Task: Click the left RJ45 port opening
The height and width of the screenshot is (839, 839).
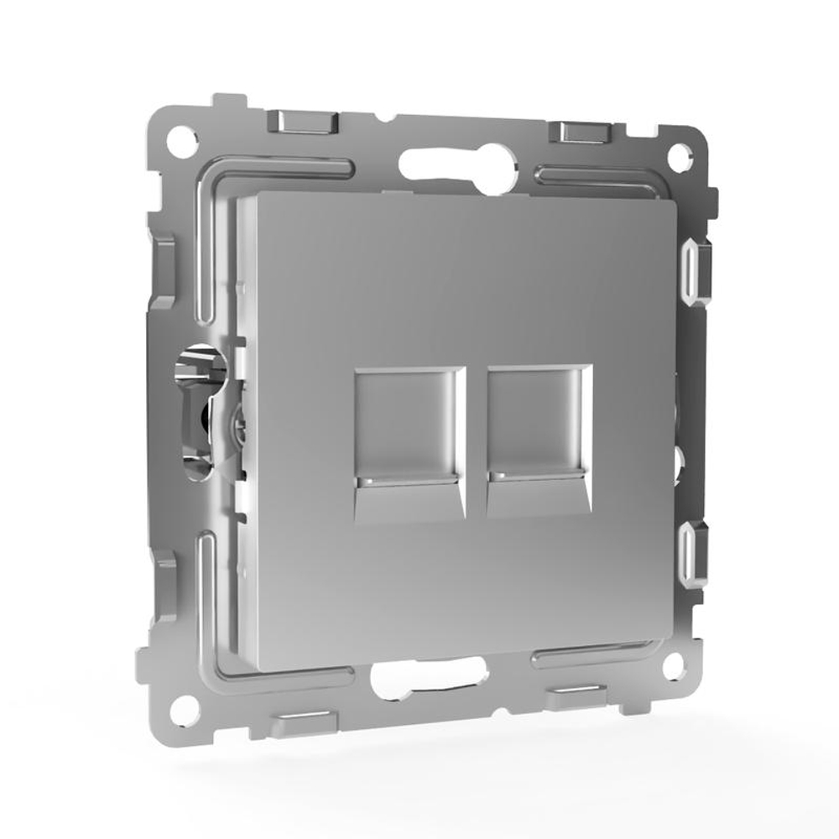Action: click(409, 424)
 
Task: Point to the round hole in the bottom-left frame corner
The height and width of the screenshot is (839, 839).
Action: click(186, 709)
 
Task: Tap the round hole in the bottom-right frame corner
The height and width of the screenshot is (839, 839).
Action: click(671, 668)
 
